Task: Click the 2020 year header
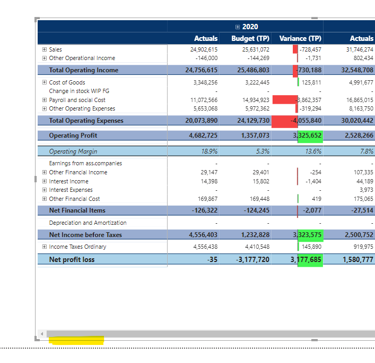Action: [x=249, y=27]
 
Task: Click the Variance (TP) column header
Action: [x=300, y=38]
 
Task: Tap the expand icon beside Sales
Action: [x=45, y=49]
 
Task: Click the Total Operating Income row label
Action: [x=83, y=70]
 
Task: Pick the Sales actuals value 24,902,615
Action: [x=204, y=49]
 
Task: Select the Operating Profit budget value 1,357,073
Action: [x=255, y=136]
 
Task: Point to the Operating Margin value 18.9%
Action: [x=210, y=151]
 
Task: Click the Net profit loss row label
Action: [x=72, y=259]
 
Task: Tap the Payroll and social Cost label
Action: [x=77, y=100]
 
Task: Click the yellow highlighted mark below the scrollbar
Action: [x=76, y=340]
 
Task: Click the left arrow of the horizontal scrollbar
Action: [x=41, y=334]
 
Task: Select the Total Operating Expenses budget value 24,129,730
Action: [x=250, y=121]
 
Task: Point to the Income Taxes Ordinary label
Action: [x=77, y=247]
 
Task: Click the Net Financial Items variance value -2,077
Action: [x=312, y=210]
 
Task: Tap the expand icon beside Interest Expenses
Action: [x=45, y=190]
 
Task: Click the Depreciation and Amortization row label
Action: [x=88, y=223]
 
